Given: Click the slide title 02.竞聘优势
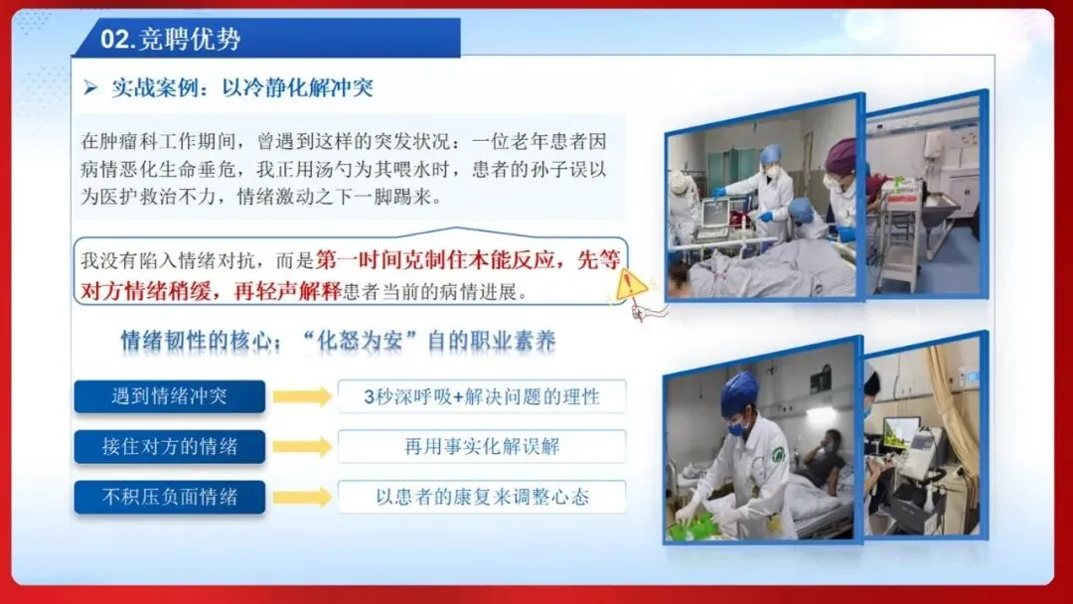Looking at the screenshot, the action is [x=171, y=39].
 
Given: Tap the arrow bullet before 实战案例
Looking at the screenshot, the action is [x=90, y=87].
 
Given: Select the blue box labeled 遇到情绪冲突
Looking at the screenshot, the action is [x=170, y=396].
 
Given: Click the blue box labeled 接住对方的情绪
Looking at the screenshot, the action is [x=170, y=447].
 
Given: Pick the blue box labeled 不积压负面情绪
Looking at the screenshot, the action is [x=170, y=497].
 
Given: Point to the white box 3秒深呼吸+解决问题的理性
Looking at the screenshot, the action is [x=482, y=396].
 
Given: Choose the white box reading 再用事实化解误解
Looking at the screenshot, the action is [x=482, y=447].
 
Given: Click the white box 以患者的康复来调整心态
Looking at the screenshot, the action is [x=482, y=497].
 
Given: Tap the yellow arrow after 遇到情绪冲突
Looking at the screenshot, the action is [x=302, y=396].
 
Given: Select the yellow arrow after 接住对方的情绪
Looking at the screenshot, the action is [x=302, y=447].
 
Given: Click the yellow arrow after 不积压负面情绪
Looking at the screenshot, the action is [x=302, y=498].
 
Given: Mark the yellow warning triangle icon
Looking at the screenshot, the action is [x=630, y=284].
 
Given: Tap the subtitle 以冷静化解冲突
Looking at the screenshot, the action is [x=297, y=87].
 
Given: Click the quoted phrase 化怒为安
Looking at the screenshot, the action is [x=360, y=341].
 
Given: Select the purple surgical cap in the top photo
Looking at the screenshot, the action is [x=842, y=156].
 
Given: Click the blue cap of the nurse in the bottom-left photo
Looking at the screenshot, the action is [x=738, y=392].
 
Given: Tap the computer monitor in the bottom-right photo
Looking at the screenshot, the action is [x=900, y=432].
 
